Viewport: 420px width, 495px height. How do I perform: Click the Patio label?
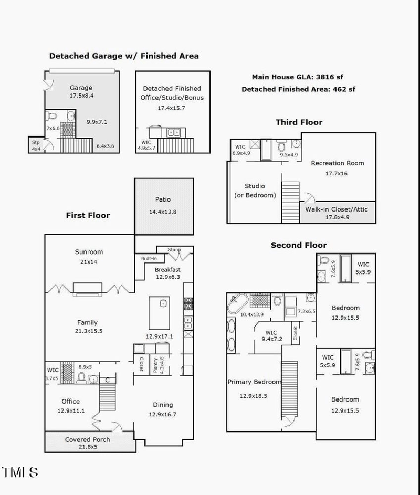(x=163, y=199)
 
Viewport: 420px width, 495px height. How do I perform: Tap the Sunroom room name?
(x=89, y=252)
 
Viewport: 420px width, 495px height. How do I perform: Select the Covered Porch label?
(x=88, y=439)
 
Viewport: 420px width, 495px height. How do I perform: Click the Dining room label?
(x=163, y=405)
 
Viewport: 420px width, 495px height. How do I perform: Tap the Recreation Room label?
(x=337, y=163)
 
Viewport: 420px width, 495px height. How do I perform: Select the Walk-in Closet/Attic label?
(x=337, y=209)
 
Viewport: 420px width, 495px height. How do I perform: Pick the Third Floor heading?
(x=299, y=122)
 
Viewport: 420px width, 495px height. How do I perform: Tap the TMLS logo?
(x=20, y=471)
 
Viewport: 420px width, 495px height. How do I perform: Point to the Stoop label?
(x=174, y=249)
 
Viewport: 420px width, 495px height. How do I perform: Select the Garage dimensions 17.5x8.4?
(x=81, y=96)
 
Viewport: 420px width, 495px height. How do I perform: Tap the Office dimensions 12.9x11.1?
(x=71, y=410)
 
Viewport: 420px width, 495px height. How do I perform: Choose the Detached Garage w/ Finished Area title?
(x=124, y=56)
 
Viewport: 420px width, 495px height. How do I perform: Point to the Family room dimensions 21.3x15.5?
(x=88, y=331)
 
